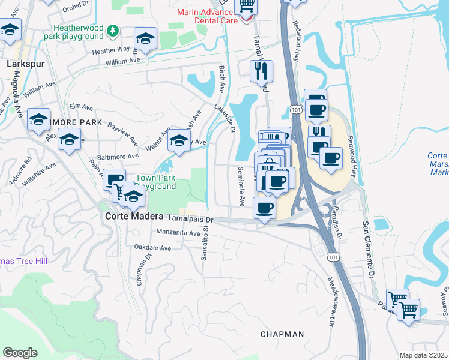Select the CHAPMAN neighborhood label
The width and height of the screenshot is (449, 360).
point(282,334)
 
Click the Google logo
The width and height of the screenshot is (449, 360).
point(20,353)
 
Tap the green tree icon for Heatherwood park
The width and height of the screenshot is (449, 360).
point(112,30)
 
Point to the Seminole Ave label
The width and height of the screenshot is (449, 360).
point(241,186)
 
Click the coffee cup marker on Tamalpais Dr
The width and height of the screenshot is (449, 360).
point(264,209)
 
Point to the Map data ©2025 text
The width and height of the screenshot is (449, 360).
point(423,355)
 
